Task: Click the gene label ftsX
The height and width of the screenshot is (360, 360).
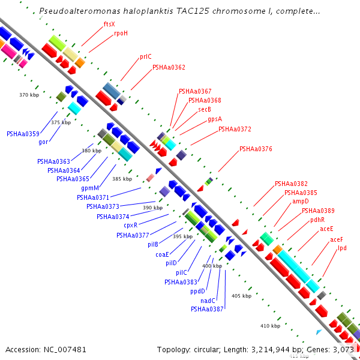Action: pos(109,24)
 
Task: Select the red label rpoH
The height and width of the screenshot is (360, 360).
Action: pos(121,34)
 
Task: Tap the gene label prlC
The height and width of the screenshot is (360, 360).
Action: pos(145,57)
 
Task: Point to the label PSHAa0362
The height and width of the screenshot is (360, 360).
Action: pos(169,68)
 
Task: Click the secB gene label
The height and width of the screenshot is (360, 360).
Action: pos(205,109)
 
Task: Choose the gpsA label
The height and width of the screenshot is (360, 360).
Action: pos(215,119)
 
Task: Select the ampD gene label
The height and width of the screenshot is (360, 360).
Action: pos(300,202)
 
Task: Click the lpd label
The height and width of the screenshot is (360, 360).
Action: pos(342,248)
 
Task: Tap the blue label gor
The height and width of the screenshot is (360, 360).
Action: pos(43,142)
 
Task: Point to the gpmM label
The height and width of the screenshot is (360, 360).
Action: pos(89,188)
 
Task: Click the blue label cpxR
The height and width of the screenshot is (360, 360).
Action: pos(130,225)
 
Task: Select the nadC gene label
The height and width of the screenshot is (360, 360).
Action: pos(208,301)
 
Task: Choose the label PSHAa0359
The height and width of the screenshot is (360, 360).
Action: pos(23,134)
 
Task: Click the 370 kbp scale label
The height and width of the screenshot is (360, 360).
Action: pos(29,95)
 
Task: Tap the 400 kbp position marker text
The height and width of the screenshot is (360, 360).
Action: pos(212,266)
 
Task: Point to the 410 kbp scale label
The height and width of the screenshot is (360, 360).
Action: pos(271,326)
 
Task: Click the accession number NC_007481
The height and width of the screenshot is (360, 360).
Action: pos(46,349)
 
